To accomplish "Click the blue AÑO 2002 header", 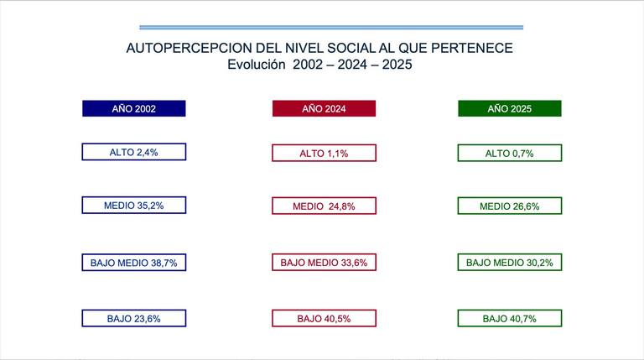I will [x=134, y=108].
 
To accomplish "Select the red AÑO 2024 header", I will [x=324, y=108].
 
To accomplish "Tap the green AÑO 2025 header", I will [x=510, y=108].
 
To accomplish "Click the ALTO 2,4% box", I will [x=134, y=152].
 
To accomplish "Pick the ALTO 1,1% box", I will [x=324, y=153].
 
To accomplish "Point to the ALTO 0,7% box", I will [x=510, y=153].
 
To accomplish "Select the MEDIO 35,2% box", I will [x=134, y=205].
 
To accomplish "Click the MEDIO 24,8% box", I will [x=324, y=206].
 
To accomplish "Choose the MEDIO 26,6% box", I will [x=510, y=206].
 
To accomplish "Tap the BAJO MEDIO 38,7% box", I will [x=134, y=262].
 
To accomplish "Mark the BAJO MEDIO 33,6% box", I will [x=324, y=262].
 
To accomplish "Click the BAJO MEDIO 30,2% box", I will [x=510, y=262].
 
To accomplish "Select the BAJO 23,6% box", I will [x=134, y=318].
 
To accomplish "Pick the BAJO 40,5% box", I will [x=324, y=318].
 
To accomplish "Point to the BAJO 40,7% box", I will [x=510, y=318].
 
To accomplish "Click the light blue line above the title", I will [x=331, y=27].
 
